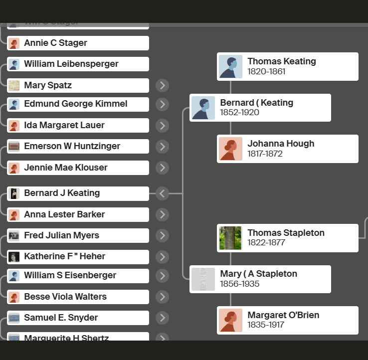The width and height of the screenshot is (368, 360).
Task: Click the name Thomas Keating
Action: point(282,61)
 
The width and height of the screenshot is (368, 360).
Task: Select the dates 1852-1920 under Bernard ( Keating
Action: point(240,113)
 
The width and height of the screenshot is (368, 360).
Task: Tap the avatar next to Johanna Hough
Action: point(230,149)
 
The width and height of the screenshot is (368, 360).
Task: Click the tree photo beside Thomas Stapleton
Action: point(230,238)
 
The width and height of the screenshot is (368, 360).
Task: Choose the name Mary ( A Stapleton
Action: point(258,274)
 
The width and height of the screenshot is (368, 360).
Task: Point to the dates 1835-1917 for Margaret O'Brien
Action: point(266,325)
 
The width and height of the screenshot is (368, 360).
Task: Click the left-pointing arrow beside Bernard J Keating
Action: point(162,193)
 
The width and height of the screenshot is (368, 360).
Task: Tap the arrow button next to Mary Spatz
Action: point(162,85)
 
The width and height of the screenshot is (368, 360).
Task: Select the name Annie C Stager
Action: point(55,43)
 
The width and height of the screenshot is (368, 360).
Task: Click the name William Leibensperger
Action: point(71,64)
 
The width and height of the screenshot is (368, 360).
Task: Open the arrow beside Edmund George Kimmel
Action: point(162,104)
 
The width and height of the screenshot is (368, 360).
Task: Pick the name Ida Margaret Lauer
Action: point(64,125)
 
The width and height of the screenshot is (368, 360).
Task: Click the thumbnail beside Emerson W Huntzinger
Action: point(14,146)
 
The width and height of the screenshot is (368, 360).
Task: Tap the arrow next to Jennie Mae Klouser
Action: point(162,168)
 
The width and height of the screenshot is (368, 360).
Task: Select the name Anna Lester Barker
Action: point(64,214)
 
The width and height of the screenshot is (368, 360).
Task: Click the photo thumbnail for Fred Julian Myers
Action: point(14,235)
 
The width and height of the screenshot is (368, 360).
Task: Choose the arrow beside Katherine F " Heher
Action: point(162,257)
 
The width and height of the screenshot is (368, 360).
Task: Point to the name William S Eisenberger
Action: point(70,275)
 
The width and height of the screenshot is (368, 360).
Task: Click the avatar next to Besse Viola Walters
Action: point(14,297)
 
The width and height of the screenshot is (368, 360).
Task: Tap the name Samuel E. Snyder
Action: point(61,318)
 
